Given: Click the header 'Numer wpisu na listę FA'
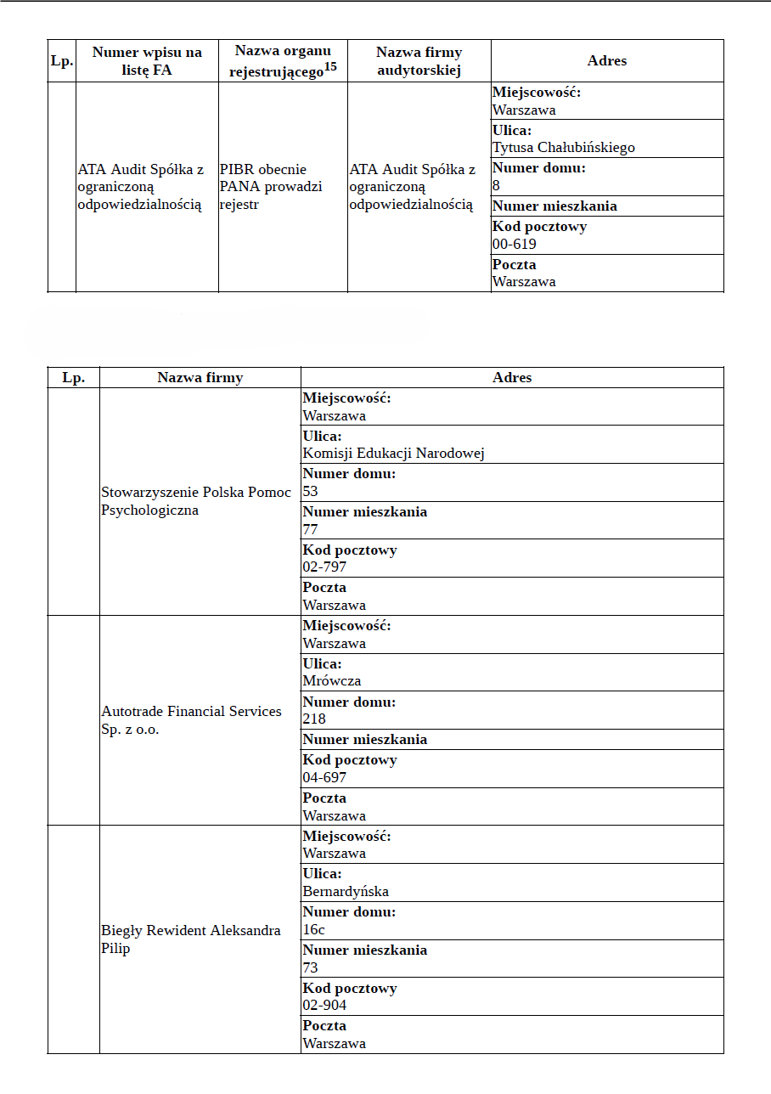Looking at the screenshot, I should [147, 61].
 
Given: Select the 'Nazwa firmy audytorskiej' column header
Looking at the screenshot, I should [419, 61].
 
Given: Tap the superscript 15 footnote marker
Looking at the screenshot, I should [331, 67].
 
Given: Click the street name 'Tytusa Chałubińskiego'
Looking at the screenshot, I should [563, 148].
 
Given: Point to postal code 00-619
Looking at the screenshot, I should [514, 245].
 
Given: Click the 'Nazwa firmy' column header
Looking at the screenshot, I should [200, 378].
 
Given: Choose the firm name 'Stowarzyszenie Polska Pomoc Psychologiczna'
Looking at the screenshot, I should [195, 501].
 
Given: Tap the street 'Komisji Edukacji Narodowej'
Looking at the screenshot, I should [393, 454].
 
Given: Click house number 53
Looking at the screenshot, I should [310, 492].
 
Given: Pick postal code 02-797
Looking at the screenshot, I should [324, 567].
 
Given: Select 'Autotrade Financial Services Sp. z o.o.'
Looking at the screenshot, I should [191, 720].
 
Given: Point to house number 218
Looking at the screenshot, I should [314, 719].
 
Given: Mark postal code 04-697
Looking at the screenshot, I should [324, 778].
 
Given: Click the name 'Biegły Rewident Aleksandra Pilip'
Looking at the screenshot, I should [190, 939].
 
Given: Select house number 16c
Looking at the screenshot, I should [313, 930].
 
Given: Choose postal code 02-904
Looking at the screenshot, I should [324, 1006].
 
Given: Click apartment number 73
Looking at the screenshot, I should [310, 968].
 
